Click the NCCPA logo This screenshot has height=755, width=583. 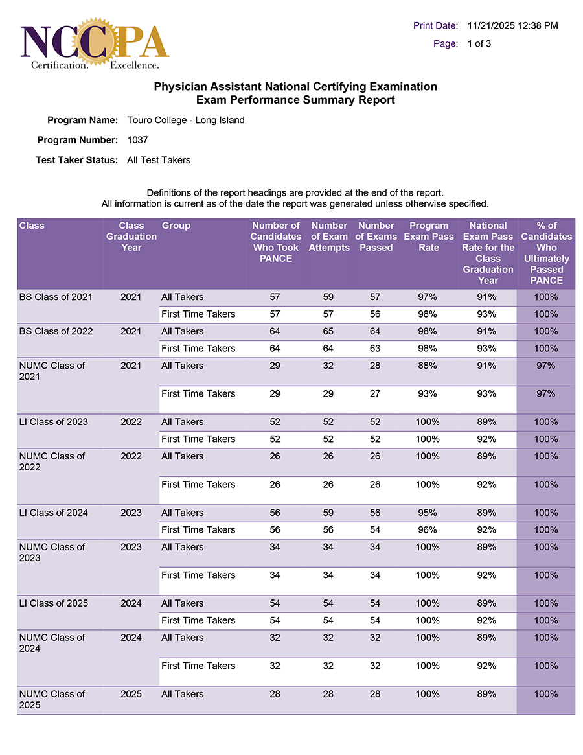(x=95, y=44)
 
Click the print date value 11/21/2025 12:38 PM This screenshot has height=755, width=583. (x=512, y=26)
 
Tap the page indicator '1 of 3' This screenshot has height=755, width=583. (x=479, y=44)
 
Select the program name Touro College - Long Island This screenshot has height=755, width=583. (x=186, y=121)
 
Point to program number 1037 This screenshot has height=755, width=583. (x=138, y=140)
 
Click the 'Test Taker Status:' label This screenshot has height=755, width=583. (x=76, y=160)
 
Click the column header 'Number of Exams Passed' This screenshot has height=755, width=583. (x=376, y=237)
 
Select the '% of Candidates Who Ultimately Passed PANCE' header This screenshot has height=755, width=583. (x=546, y=253)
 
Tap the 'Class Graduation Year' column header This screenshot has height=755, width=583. (x=131, y=237)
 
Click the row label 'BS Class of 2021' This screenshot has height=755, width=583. (x=56, y=297)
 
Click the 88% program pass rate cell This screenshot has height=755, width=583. (x=428, y=366)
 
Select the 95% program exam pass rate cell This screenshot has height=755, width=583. (x=428, y=513)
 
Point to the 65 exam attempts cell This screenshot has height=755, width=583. (x=328, y=331)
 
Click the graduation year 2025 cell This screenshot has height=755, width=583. (x=131, y=694)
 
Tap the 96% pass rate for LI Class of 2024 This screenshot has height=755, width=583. (x=428, y=530)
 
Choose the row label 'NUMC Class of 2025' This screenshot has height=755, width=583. (x=52, y=699)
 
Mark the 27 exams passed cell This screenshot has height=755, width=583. (x=376, y=394)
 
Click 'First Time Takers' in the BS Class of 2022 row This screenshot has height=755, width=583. (x=198, y=349)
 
